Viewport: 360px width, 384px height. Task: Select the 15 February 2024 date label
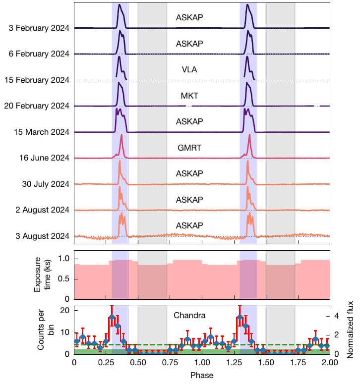coord(38,80)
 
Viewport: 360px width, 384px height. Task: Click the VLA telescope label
coord(189,70)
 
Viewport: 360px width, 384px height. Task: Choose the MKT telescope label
coord(189,96)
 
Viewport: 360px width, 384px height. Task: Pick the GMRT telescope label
coord(189,148)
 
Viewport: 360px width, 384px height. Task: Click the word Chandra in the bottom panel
coord(189,315)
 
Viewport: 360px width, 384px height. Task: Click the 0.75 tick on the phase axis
coord(170,363)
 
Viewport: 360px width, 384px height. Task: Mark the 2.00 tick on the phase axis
coord(330,363)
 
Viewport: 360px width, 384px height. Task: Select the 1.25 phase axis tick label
coord(234,363)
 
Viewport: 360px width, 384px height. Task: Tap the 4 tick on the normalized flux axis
coord(337,315)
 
